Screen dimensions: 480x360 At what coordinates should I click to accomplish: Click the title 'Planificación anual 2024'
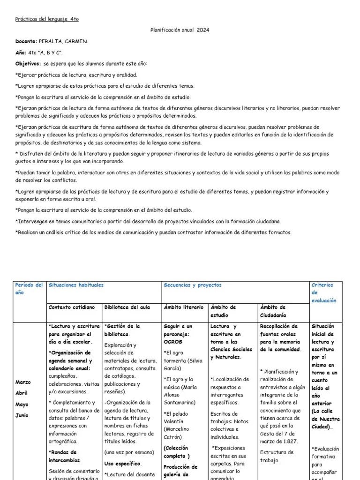pyautogui.click(x=180, y=30)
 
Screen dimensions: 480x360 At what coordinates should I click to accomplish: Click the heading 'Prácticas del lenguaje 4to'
pyautogui.click(x=47, y=19)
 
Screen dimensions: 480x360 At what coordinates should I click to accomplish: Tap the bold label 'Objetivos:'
pyautogui.click(x=28, y=63)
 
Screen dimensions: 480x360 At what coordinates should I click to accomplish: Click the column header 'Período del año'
pyautogui.click(x=29, y=288)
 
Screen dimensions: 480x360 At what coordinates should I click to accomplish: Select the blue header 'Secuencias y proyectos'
pyautogui.click(x=193, y=285)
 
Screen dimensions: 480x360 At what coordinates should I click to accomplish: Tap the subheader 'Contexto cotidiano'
pyautogui.click(x=71, y=307)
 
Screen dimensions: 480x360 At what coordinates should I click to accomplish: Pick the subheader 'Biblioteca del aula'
pyautogui.click(x=127, y=307)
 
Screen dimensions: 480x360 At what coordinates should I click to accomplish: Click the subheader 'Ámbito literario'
pyautogui.click(x=184, y=307)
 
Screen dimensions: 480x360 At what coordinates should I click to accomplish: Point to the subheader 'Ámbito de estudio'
pyautogui.click(x=223, y=311)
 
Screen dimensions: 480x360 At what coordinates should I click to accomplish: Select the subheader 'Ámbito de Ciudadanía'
pyautogui.click(x=273, y=311)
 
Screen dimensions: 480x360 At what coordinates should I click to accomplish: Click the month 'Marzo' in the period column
pyautogui.click(x=23, y=382)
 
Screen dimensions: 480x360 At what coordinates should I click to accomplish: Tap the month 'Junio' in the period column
pyautogui.click(x=22, y=415)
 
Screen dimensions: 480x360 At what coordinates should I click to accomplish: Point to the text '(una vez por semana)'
pyautogui.click(x=129, y=452)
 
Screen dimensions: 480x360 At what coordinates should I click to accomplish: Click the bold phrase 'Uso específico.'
pyautogui.click(x=120, y=463)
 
